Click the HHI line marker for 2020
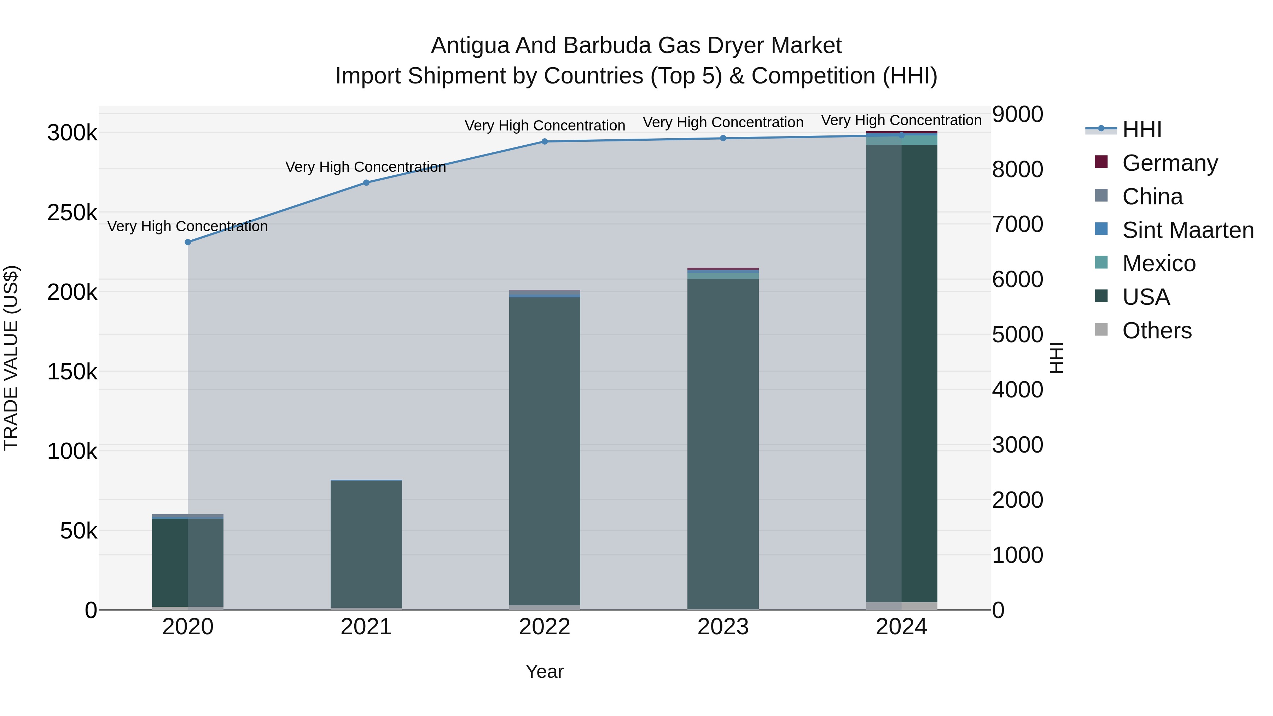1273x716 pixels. (x=188, y=242)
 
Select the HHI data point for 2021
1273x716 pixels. (x=366, y=183)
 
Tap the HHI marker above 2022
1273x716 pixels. (x=545, y=141)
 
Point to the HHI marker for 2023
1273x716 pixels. (x=723, y=138)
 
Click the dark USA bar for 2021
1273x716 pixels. (x=366, y=543)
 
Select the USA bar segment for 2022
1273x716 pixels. (x=545, y=450)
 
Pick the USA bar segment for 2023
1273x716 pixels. (x=723, y=445)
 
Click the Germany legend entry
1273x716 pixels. (x=1169, y=163)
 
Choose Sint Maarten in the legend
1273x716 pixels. (x=1187, y=230)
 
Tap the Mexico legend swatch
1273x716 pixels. (x=1101, y=263)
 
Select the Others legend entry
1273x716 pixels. (x=1156, y=331)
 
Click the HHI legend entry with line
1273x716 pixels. (x=1141, y=129)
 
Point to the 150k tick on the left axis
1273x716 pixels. (x=72, y=372)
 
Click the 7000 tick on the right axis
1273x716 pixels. (x=1017, y=224)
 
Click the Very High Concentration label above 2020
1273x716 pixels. (x=188, y=226)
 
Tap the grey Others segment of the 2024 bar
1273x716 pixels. (x=901, y=606)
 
